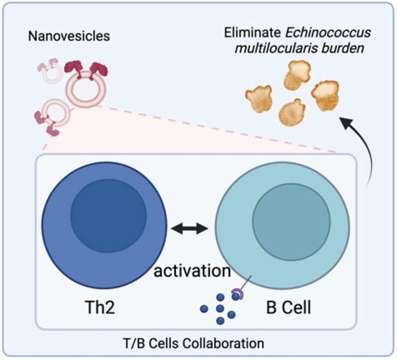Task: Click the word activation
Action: pyautogui.click(x=192, y=271)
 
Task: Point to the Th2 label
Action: pyautogui.click(x=100, y=307)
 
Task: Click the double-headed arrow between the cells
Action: pyautogui.click(x=190, y=229)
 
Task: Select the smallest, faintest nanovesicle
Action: pyautogui.click(x=53, y=74)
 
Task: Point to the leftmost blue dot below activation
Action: pyautogui.click(x=203, y=309)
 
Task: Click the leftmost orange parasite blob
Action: pyautogui.click(x=259, y=98)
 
